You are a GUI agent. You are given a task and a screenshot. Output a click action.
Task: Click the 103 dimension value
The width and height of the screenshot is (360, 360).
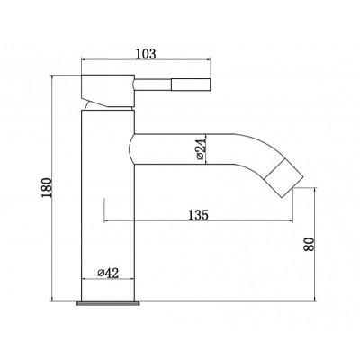point(147,54)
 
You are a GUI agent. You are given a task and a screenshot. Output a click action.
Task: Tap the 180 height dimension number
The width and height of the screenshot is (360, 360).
point(47,188)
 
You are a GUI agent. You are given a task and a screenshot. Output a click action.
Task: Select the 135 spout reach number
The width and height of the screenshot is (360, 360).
point(198,215)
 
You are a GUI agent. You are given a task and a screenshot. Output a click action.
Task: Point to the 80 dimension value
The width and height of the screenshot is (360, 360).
point(310,244)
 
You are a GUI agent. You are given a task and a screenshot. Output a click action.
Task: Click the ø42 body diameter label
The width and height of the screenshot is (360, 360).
point(108,273)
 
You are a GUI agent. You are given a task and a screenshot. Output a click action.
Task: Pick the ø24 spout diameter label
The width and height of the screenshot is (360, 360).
point(201,149)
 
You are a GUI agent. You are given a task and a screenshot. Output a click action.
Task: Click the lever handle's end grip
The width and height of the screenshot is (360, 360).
point(191,85)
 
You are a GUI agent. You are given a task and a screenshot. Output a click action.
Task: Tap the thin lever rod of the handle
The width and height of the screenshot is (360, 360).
point(152,85)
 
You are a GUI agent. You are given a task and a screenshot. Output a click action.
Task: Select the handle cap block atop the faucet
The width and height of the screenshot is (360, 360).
point(108,90)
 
